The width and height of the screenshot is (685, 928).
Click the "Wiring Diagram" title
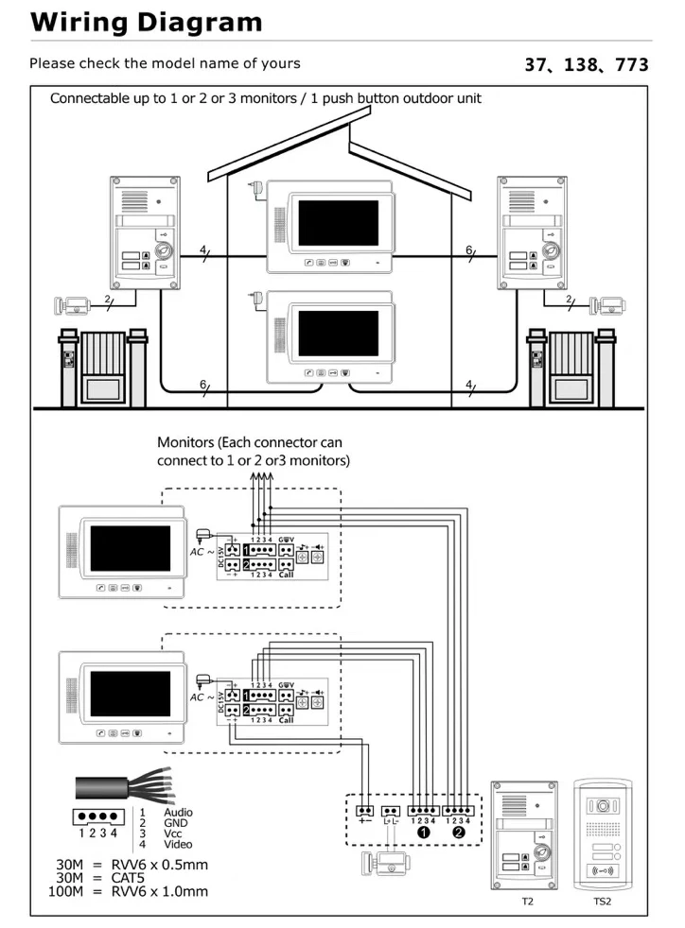click(147, 22)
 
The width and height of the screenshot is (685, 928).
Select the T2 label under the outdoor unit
click(527, 902)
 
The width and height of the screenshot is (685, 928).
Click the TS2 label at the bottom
click(603, 902)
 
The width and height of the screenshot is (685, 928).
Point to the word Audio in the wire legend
click(178, 812)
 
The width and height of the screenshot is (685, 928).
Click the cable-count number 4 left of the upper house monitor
click(203, 250)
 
